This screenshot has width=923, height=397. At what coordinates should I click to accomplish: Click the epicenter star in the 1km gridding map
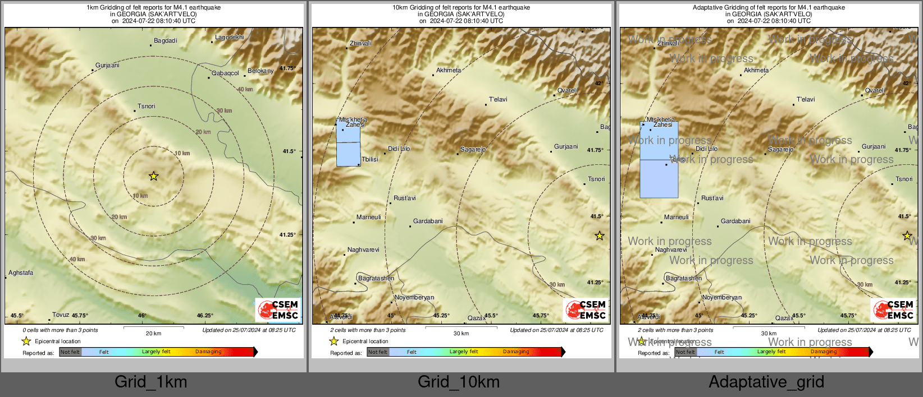coord(153,176)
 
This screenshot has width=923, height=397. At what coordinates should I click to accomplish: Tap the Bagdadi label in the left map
coord(166,41)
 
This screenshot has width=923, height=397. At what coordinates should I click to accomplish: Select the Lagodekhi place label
coord(230,38)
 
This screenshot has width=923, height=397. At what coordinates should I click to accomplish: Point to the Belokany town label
coord(261,71)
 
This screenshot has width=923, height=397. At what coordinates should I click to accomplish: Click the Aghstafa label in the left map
coord(21,273)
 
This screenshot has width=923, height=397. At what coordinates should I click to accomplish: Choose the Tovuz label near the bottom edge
coord(61,315)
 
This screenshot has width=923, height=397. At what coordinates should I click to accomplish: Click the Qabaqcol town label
coord(225,73)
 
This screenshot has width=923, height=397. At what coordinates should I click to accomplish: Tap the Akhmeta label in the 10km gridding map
coord(449,71)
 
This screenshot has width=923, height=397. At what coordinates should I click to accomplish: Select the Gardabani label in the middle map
coord(428,221)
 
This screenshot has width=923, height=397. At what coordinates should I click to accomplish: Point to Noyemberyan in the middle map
coord(414,298)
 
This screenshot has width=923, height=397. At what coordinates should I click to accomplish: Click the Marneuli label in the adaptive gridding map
coord(676,218)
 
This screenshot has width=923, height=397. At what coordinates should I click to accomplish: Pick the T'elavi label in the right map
coord(806,100)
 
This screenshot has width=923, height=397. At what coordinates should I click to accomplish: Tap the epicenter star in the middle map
coord(600,236)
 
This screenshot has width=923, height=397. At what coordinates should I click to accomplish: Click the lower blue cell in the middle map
coord(348,154)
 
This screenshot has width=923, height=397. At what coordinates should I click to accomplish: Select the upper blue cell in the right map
coord(659,141)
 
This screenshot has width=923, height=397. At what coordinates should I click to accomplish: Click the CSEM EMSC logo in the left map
coord(278,310)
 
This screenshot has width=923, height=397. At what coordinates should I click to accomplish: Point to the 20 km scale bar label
coord(153,334)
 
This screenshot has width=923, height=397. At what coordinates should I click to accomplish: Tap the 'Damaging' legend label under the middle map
coord(516,352)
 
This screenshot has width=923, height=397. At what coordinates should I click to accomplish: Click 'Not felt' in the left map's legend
coord(70,352)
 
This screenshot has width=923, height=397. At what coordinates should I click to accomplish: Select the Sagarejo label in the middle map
coord(473,150)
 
